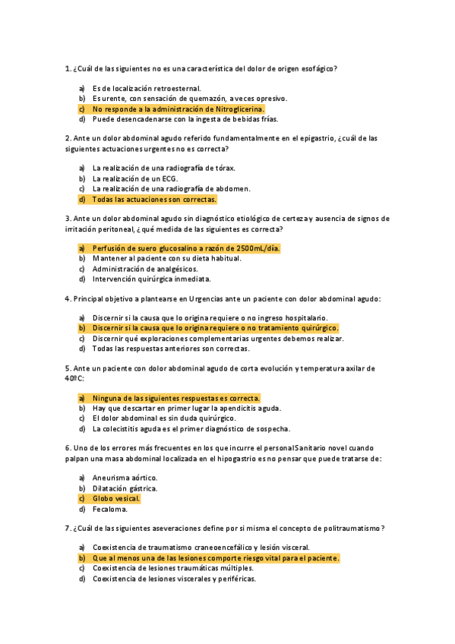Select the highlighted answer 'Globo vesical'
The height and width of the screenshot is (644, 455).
pos(116,499)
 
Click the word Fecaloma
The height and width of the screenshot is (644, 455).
pos(110,510)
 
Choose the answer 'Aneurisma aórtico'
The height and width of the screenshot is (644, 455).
pos(125,478)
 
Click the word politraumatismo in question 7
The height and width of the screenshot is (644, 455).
pos(348,528)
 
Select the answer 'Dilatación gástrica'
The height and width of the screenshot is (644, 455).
pos(125,488)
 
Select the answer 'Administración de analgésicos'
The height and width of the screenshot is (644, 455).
pos(144,268)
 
